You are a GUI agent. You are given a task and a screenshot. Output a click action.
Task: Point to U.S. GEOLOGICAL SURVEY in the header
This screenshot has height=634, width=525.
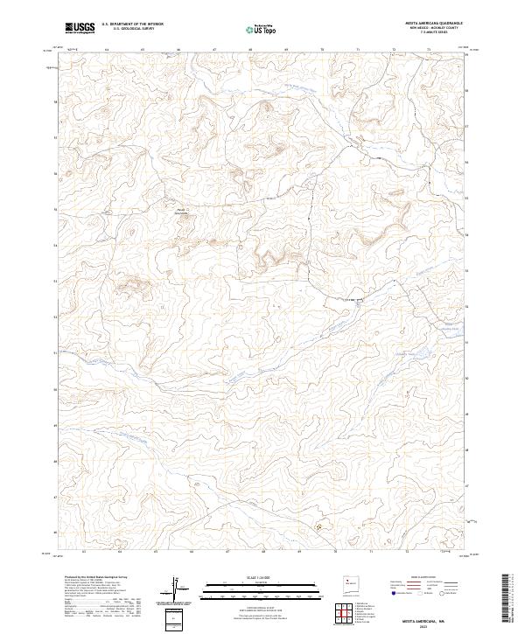click(x=128, y=30)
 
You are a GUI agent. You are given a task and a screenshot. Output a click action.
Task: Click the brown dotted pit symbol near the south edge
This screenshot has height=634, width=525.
click(x=318, y=526)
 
